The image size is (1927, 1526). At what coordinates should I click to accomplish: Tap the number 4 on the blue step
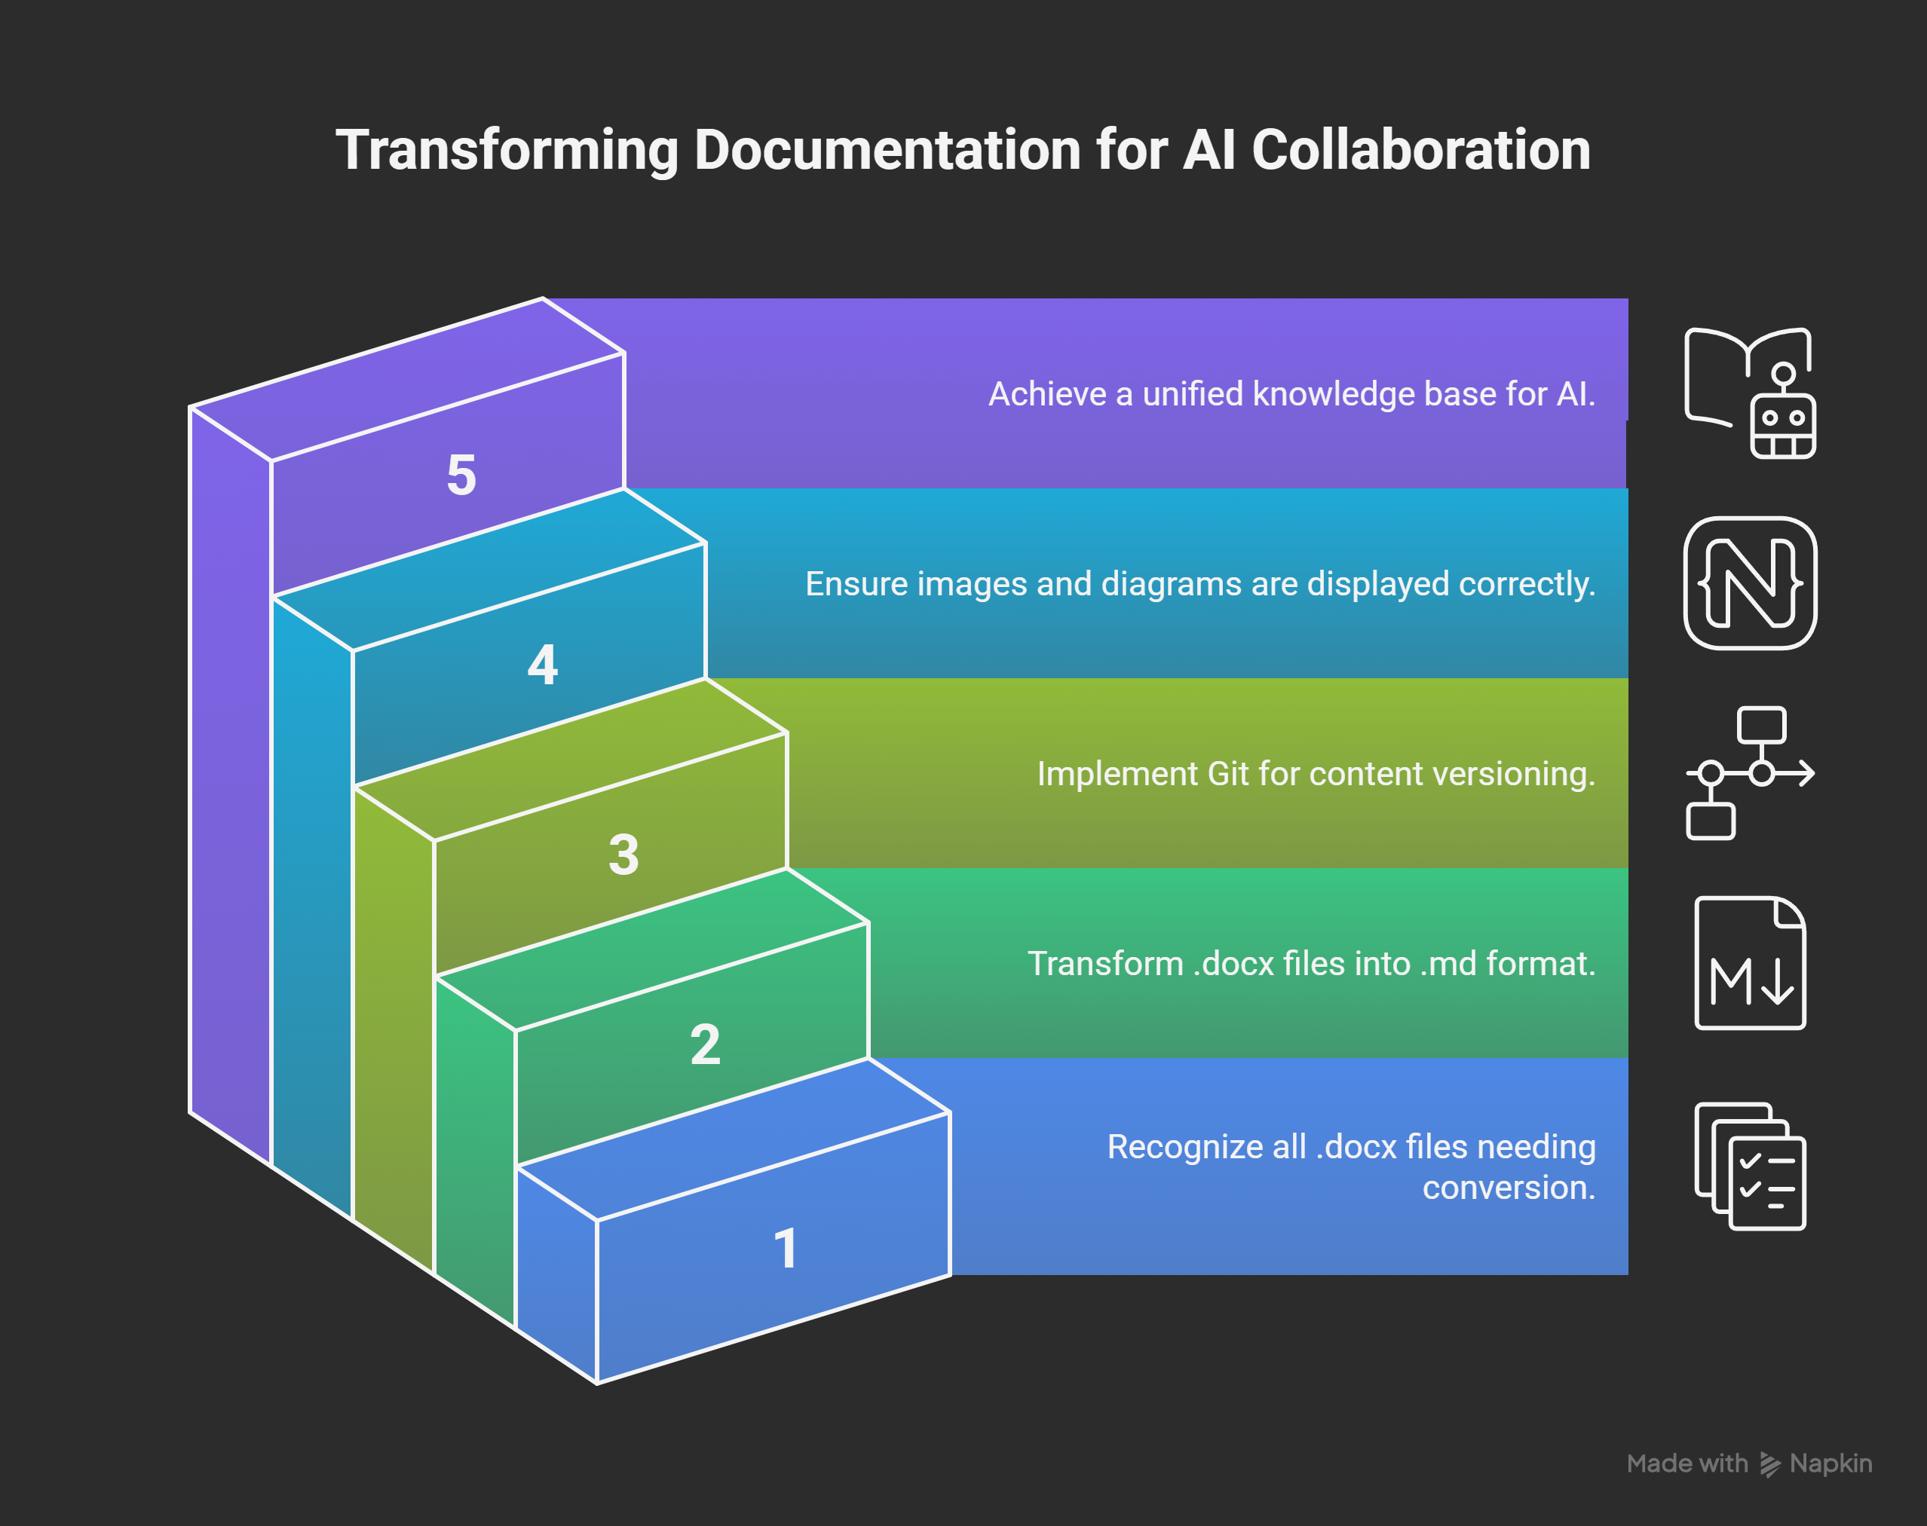pos(543,665)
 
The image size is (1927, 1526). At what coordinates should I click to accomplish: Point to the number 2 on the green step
pos(705,1044)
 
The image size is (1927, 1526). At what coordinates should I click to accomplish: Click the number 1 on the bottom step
pos(786,1248)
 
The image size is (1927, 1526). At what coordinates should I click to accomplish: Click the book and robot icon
pos(1750,393)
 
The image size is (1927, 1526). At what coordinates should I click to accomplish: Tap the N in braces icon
pos(1750,583)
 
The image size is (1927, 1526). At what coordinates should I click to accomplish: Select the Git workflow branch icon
pos(1750,773)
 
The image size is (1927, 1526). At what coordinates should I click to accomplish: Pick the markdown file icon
pos(1750,963)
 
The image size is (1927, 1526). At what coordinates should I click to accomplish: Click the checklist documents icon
pos(1750,1166)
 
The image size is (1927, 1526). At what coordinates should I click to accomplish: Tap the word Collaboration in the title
pos(1420,149)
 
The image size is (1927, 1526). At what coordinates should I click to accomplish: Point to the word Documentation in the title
pos(887,149)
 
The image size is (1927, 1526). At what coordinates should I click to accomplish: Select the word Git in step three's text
pos(1227,774)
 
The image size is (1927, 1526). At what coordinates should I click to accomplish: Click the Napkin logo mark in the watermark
pos(1769,1464)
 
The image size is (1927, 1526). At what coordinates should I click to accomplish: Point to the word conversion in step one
pos(1508,1188)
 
